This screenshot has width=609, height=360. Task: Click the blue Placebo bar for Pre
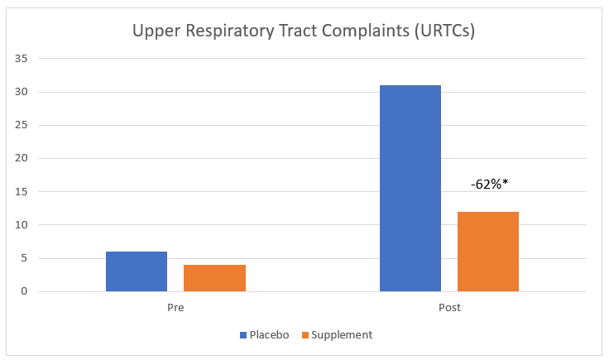pyautogui.click(x=137, y=271)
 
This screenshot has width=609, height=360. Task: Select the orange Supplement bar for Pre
pyautogui.click(x=214, y=278)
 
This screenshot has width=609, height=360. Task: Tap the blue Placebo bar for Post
pyautogui.click(x=410, y=188)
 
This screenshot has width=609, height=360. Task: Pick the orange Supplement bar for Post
pyautogui.click(x=488, y=252)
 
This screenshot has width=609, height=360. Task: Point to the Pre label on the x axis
pyautogui.click(x=175, y=308)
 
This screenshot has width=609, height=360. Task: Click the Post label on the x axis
pyautogui.click(x=449, y=308)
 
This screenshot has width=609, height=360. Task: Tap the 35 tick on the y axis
pyautogui.click(x=22, y=59)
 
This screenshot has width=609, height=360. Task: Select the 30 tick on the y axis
pyautogui.click(x=22, y=92)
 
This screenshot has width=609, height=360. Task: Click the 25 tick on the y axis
pyautogui.click(x=22, y=125)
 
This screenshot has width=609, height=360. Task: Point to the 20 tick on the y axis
pyautogui.click(x=22, y=158)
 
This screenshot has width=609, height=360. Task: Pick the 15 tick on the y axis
pyautogui.click(x=22, y=192)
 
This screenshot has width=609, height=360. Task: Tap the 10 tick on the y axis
pyautogui.click(x=22, y=225)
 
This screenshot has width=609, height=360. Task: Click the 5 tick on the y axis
pyautogui.click(x=25, y=258)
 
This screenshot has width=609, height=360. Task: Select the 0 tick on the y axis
pyautogui.click(x=25, y=291)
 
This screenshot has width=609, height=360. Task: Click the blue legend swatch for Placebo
pyautogui.click(x=243, y=335)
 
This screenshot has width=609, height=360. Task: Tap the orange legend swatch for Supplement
pyautogui.click(x=304, y=335)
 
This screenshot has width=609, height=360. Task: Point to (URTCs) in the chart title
pyautogui.click(x=443, y=32)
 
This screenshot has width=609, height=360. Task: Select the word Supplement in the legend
pyautogui.click(x=342, y=335)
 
